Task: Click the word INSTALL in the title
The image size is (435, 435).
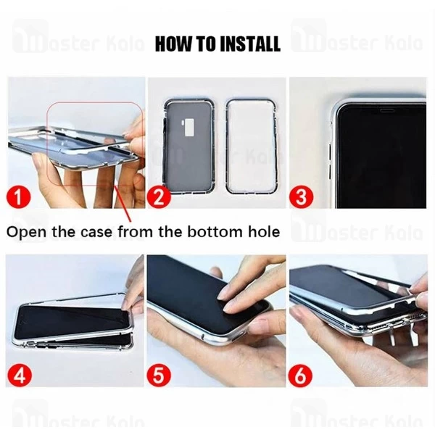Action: pos(242,44)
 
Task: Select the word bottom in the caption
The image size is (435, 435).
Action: pos(218,233)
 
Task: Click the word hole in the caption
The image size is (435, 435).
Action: pos(263,233)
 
